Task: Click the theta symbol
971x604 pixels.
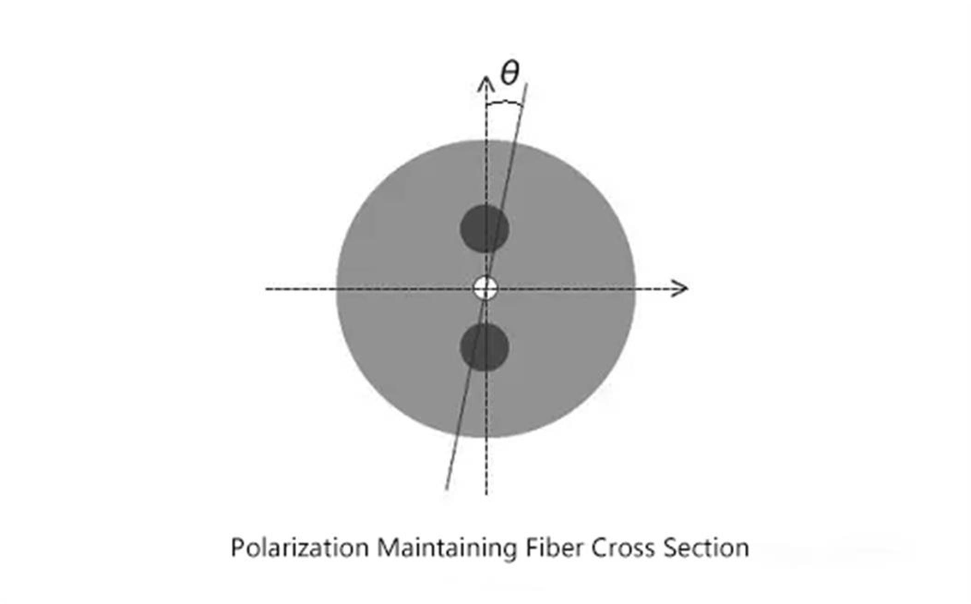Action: (510, 73)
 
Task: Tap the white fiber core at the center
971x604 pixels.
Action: (485, 289)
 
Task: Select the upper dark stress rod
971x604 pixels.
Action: (485, 229)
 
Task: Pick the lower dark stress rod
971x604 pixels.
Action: (485, 347)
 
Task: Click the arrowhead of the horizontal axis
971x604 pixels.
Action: (680, 289)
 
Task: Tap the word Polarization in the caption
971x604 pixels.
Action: (300, 548)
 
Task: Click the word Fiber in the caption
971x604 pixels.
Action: (553, 548)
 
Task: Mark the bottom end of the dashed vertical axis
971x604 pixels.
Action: (486, 495)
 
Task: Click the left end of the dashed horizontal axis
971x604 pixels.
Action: (266, 289)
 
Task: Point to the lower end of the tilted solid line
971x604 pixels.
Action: (446, 489)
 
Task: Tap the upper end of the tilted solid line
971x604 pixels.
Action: (527, 84)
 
